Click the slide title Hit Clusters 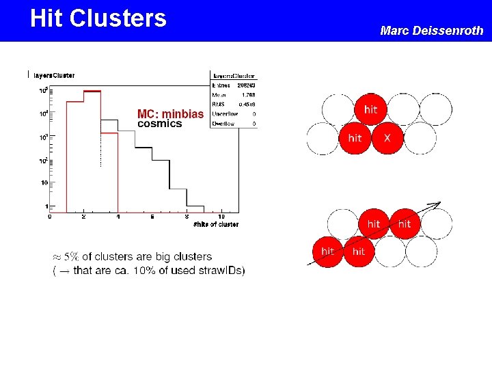(98, 18)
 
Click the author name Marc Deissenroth (431, 30)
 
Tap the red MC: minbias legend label (170, 114)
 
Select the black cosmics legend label (160, 124)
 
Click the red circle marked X (387, 138)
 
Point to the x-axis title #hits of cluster (216, 224)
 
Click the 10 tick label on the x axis (221, 217)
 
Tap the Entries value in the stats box (245, 85)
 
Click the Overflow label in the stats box (223, 124)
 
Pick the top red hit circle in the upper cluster (371, 109)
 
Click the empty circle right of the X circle (420, 138)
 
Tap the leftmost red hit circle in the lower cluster (328, 251)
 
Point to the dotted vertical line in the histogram (100, 147)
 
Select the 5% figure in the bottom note (70, 257)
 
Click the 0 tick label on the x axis (50, 217)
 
